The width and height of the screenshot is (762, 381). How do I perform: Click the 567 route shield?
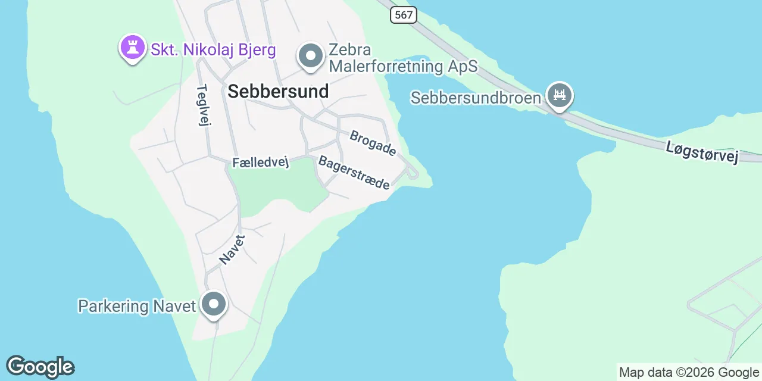403,15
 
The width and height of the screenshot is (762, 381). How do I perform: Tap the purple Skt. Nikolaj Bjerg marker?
132,48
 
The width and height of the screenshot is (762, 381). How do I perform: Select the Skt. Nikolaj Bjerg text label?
213,49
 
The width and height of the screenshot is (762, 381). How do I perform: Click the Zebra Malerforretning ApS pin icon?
310,57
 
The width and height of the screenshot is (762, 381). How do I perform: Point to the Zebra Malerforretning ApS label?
403,58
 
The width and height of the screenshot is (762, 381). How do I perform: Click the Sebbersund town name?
278,91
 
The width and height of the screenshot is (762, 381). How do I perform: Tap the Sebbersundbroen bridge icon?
559,95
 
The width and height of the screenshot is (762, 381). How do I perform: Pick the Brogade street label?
373,143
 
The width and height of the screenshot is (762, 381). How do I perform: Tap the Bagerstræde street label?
354,172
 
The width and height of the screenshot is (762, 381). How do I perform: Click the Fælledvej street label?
260,163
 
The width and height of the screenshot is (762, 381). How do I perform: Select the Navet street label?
232,249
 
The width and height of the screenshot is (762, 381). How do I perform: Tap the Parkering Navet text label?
137,306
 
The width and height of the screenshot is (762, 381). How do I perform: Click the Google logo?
40,367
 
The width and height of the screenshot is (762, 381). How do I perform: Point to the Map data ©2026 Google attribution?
689,373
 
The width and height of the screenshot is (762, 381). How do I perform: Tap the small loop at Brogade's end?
412,173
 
